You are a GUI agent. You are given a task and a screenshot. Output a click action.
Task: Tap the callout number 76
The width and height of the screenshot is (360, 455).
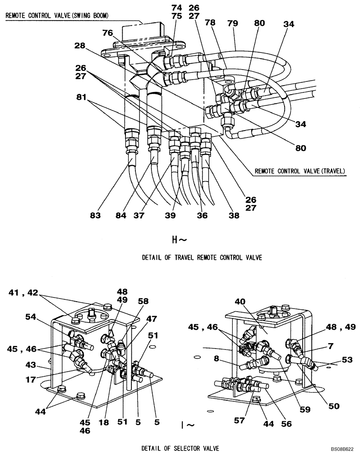[x=107, y=33]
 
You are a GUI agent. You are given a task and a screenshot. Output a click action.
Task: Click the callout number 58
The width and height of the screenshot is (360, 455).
[x=144, y=301]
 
